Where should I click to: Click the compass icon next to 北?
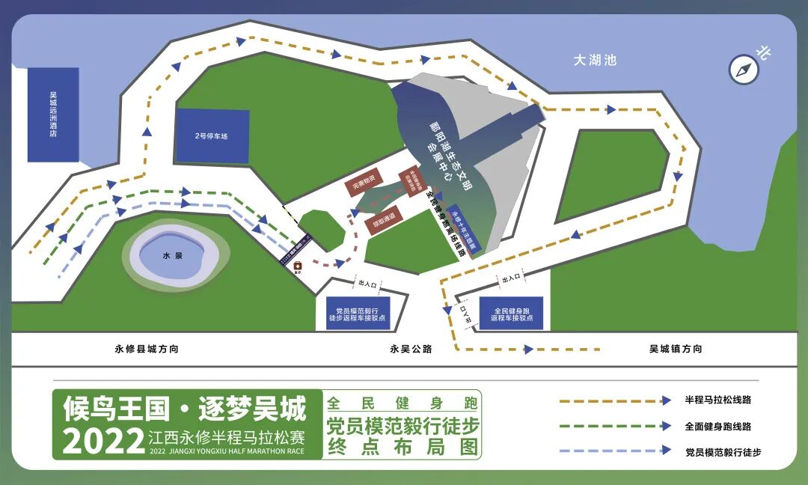(x=744, y=70)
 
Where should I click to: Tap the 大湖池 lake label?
(x=595, y=61)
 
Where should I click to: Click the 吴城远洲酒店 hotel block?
(x=53, y=115)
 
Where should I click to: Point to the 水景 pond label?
(x=172, y=255)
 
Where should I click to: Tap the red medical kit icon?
(x=297, y=266)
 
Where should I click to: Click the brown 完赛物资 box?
(x=364, y=183)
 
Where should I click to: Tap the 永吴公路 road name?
(x=411, y=349)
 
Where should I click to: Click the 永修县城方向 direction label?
(x=147, y=349)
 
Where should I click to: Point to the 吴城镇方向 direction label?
(x=676, y=349)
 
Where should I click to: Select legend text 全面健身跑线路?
(x=717, y=426)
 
